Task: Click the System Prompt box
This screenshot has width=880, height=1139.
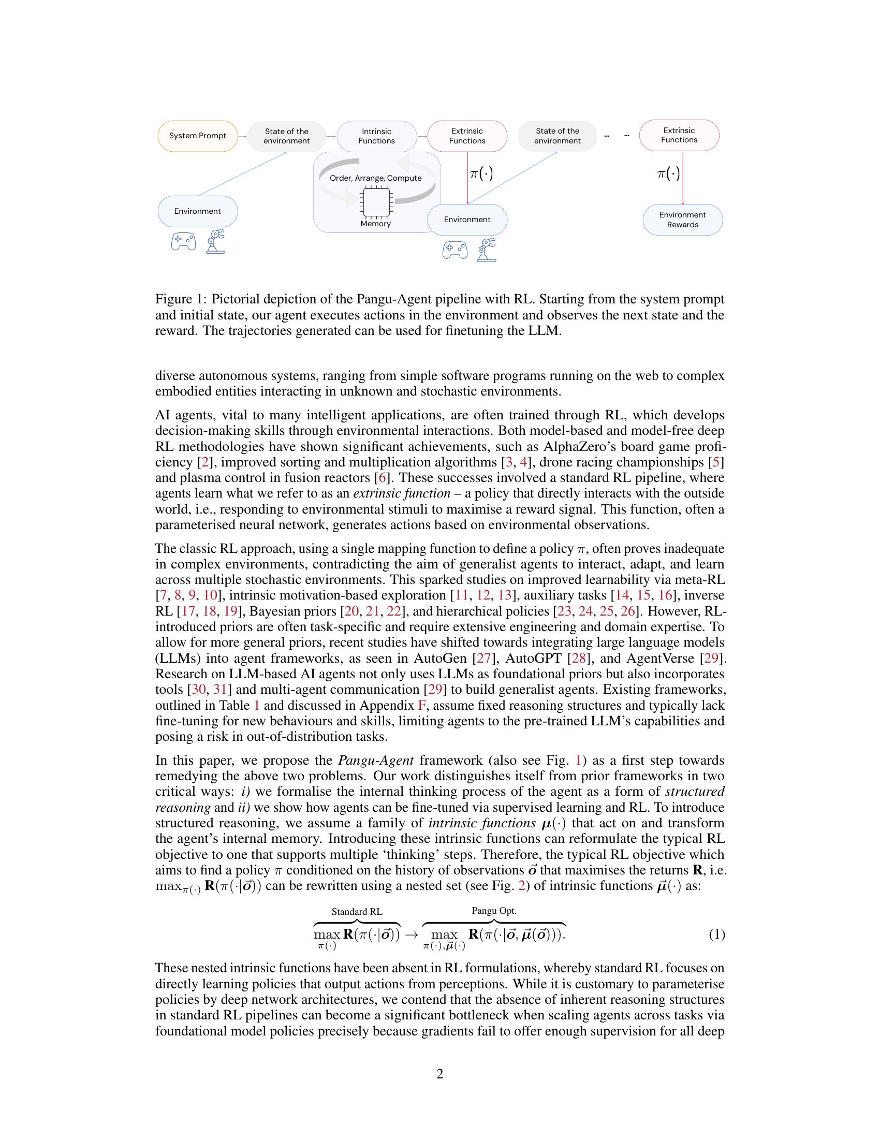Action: (x=198, y=136)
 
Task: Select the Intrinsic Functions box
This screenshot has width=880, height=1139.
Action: (x=376, y=136)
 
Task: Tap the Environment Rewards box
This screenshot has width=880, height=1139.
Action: (x=682, y=220)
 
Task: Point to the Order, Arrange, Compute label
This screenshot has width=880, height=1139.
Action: (x=375, y=178)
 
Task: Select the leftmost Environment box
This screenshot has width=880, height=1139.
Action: (x=198, y=211)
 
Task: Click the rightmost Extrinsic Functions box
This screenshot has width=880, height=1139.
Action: (x=679, y=135)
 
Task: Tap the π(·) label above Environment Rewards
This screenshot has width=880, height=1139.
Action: (x=668, y=173)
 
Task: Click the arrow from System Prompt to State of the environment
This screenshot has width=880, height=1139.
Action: (x=242, y=136)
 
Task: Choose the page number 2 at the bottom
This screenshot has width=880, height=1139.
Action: (x=439, y=1074)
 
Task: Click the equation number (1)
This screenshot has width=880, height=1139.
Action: (x=716, y=934)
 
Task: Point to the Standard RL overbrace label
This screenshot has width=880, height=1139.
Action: (x=357, y=912)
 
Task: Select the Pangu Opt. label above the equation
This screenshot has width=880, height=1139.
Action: (x=494, y=911)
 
